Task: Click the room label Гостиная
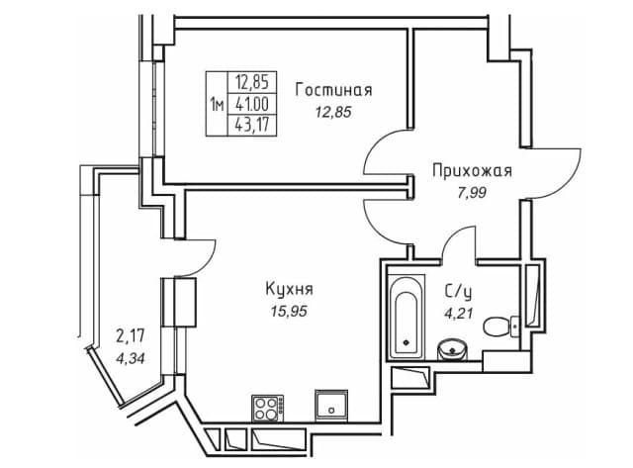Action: pos(333,90)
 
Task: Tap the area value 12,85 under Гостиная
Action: pos(333,112)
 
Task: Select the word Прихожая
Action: pos(472,171)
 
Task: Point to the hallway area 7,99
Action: pos(471,193)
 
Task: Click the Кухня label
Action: pos(289,289)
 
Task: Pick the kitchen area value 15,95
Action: pos(289,312)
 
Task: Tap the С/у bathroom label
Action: pos(458,292)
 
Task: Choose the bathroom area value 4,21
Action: pos(458,314)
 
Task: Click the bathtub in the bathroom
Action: pos(407,317)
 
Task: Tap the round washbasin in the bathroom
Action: pos(452,349)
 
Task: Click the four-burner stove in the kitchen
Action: pos(267,409)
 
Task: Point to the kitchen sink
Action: pos(331,405)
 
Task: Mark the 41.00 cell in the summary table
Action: pos(252,105)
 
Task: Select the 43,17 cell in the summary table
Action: pos(252,126)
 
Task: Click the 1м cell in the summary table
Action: pos(217,106)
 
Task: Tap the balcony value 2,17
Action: pos(131,336)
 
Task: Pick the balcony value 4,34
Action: pos(130,358)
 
